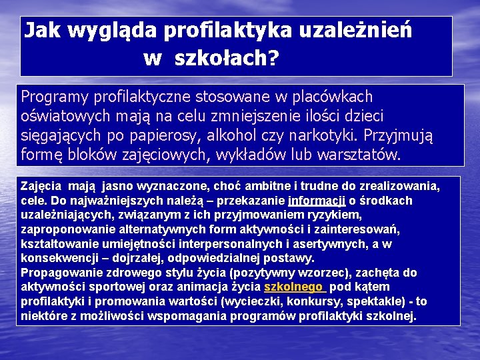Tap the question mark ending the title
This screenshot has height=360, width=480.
tap(273, 59)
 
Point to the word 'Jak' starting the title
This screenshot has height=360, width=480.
tap(40, 31)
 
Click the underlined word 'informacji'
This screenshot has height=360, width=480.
tap(317, 201)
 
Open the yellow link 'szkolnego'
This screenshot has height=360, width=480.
tap(293, 287)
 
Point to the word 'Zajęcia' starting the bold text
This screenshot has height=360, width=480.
tap(43, 186)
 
